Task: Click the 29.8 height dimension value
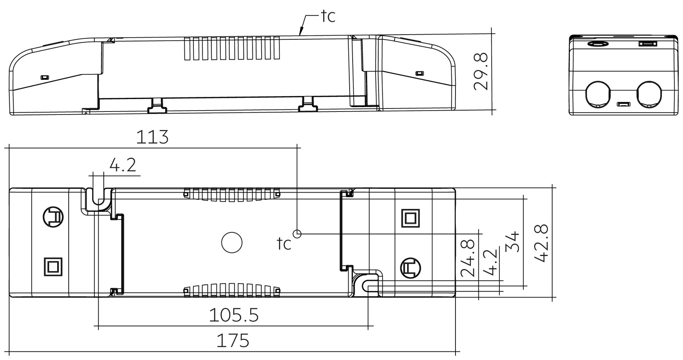coord(481,72)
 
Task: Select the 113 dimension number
coord(152,137)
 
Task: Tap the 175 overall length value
coord(233,341)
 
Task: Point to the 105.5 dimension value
coord(234,315)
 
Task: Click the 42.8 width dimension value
coord(542,243)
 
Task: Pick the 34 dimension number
coord(512,242)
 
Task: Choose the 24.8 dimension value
coord(468,258)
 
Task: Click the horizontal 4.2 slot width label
coord(123,165)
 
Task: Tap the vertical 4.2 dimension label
coord(490,262)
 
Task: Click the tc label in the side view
coord(328,16)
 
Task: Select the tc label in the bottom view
coord(284,243)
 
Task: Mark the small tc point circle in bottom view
coord(297,234)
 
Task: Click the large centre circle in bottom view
coord(232,243)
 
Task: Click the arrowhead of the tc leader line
coord(301,32)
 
